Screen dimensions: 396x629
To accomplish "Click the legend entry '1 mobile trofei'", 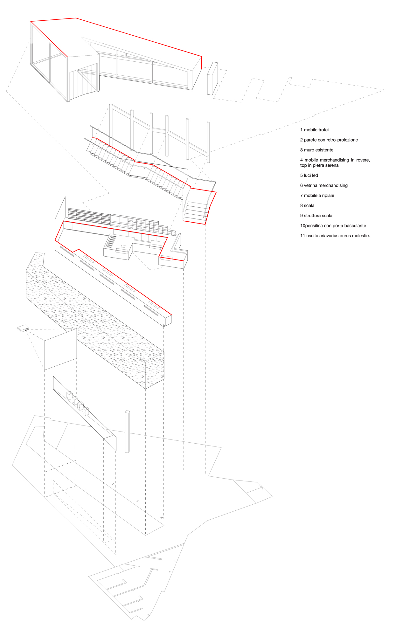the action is click(314, 130).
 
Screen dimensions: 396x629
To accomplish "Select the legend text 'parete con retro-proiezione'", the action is click(331, 140).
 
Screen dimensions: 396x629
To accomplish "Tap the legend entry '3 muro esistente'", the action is click(317, 150).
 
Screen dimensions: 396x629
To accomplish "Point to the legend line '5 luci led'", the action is click(309, 175).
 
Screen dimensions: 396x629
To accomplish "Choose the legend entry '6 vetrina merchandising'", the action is click(324, 185).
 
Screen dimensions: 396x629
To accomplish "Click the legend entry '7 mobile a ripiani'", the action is click(317, 196).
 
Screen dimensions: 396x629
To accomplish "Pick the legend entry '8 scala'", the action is click(307, 205).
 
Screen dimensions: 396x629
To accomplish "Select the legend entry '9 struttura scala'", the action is click(316, 216).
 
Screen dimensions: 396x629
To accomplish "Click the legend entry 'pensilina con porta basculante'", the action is click(336, 226).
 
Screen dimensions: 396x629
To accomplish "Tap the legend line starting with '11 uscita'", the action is click(335, 236).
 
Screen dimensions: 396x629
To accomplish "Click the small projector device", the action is click(23, 328).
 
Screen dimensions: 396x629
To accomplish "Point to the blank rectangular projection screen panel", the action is click(60, 349).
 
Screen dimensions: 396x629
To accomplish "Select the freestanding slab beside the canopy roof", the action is click(212, 79).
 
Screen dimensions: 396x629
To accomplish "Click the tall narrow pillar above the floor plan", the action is click(127, 432).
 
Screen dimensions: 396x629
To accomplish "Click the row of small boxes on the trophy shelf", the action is click(78, 403).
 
